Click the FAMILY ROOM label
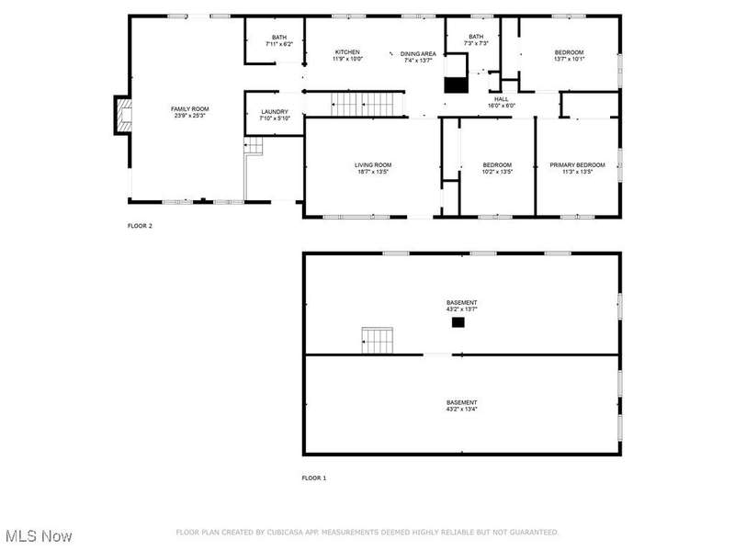(190, 109)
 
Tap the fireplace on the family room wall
(123, 116)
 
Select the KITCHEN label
(347, 52)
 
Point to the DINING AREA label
(418, 54)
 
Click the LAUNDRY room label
(275, 112)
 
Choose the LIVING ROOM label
(373, 165)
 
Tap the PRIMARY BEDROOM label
(578, 165)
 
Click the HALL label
(501, 99)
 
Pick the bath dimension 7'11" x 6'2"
(279, 44)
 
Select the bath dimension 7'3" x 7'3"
(476, 43)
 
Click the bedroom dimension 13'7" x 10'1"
(569, 59)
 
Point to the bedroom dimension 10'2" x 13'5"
(497, 172)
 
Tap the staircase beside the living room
(367, 104)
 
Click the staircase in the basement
(378, 341)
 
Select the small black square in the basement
(458, 322)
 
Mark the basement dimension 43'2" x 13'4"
(462, 409)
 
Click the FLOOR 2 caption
(140, 226)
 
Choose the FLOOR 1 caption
(314, 478)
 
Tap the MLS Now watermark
(39, 535)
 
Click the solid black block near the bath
(456, 84)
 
